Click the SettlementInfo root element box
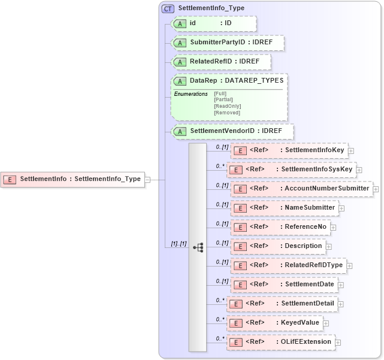click(x=72, y=179)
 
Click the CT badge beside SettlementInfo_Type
click(x=168, y=8)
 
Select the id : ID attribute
click(x=213, y=23)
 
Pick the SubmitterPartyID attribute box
click(x=227, y=43)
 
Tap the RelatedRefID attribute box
click(x=220, y=62)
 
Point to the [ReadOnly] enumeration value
click(x=227, y=106)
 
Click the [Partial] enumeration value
click(x=223, y=99)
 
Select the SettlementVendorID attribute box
click(x=232, y=131)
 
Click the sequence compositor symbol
click(x=198, y=247)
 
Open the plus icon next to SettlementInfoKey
click(x=351, y=150)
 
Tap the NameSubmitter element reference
click(x=284, y=208)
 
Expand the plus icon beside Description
click(x=329, y=246)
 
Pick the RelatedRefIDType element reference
click(x=288, y=265)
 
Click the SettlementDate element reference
click(x=285, y=285)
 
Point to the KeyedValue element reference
click(x=275, y=322)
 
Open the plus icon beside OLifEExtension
click(x=338, y=342)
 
